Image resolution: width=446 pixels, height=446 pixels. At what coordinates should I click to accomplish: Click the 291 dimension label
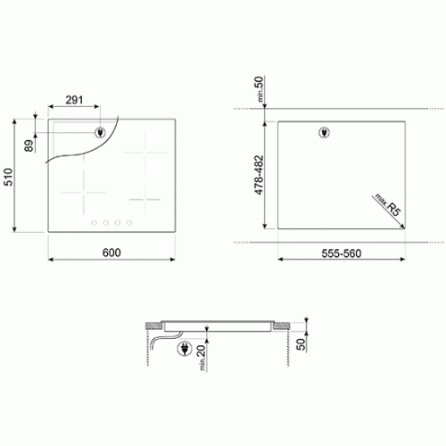(74, 100)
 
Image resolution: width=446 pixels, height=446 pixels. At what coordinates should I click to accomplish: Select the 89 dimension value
(29, 145)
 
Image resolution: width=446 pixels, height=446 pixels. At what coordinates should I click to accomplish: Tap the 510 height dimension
(8, 177)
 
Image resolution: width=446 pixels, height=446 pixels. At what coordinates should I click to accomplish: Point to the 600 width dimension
(111, 252)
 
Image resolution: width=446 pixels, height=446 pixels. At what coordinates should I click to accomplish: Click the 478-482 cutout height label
(259, 175)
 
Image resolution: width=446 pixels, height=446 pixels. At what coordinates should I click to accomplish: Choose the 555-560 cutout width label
(342, 253)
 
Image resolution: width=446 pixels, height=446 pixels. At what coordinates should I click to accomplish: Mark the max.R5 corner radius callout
(388, 204)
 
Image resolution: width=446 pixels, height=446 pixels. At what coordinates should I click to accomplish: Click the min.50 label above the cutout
(260, 88)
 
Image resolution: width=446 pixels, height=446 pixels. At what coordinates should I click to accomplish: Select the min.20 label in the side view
(202, 358)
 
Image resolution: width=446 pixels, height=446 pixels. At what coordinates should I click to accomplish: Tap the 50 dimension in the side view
(301, 344)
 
